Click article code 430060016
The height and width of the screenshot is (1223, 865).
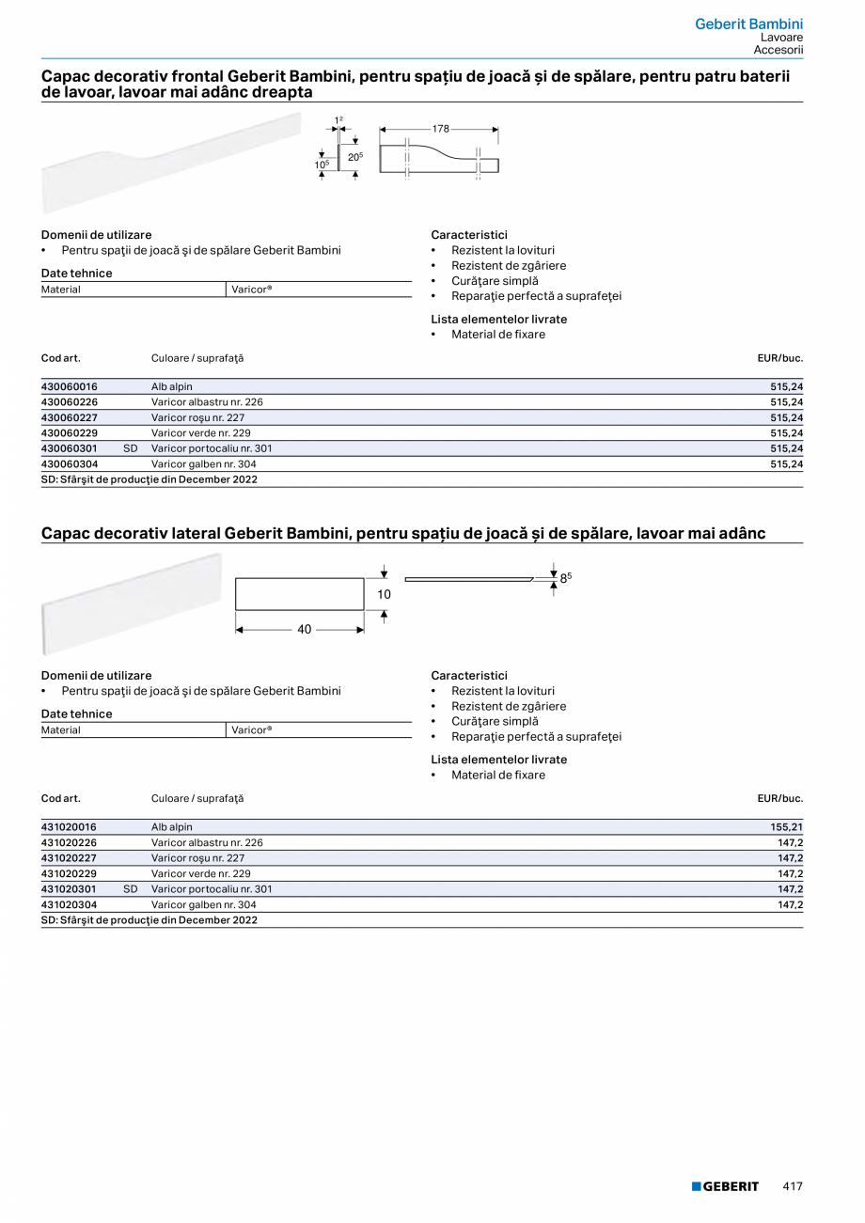[70, 386]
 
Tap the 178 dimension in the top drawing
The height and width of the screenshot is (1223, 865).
[441, 128]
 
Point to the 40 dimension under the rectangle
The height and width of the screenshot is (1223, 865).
[304, 630]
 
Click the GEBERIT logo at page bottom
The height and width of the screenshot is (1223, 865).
[725, 1186]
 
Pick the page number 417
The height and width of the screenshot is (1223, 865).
[793, 1186]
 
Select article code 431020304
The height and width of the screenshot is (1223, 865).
[70, 904]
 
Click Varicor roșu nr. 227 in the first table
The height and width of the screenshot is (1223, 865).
[197, 417]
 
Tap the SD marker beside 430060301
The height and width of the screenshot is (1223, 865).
[131, 448]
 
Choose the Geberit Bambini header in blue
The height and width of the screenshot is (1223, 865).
[748, 24]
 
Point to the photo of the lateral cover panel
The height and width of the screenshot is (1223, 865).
[132, 603]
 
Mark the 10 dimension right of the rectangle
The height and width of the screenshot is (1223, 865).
[384, 594]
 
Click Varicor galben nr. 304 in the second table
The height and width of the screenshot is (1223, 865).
[203, 904]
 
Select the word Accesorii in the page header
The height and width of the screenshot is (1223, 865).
[778, 50]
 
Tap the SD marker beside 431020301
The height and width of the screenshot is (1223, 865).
[131, 888]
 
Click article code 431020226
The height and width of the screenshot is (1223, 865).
[70, 842]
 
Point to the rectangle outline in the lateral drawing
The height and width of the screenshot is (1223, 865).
[299, 594]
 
